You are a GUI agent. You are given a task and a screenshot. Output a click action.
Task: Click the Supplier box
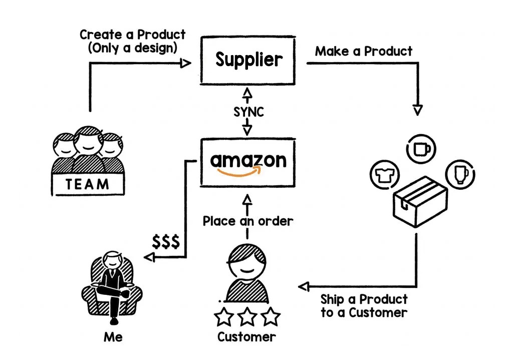coord(249,60)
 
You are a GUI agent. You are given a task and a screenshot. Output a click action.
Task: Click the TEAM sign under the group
coord(88,184)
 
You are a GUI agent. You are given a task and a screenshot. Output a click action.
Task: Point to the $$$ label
coord(166,242)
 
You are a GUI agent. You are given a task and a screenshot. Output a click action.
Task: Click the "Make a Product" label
coord(364,52)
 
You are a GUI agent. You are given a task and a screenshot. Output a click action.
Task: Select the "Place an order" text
coord(247,221)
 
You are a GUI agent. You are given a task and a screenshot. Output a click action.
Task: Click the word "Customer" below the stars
coord(246,336)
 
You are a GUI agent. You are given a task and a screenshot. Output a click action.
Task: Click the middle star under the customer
coord(247,317)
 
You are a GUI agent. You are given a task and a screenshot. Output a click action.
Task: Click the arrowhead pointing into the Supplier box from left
coord(186,63)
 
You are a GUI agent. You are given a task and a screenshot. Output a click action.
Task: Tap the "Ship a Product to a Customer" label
coord(364,306)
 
